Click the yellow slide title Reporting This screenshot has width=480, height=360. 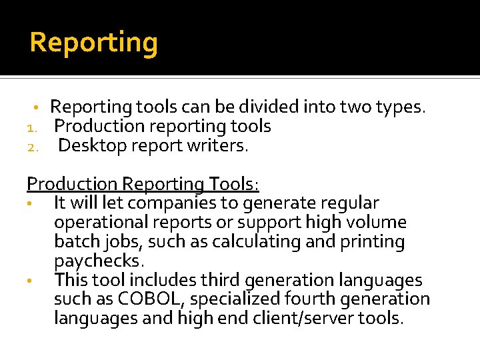tap(94, 43)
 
